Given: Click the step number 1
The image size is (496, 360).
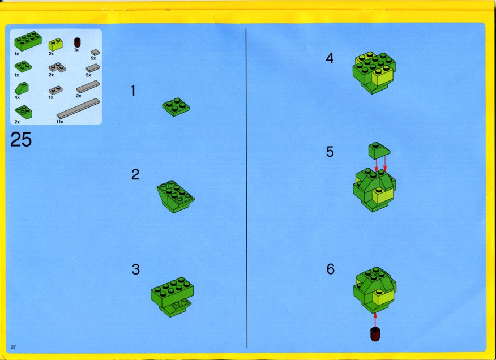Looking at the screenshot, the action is point(133,91).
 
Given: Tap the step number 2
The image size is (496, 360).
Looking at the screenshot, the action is point(135,174).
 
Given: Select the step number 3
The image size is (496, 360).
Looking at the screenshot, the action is point(136,269).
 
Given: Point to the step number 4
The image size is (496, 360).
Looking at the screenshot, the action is point(330,58).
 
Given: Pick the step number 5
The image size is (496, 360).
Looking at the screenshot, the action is point(330,152).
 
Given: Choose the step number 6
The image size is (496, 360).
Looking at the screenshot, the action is point(330,269).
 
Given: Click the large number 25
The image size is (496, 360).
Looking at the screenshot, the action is point(21,139).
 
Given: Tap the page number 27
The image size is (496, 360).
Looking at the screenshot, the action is point(13,347).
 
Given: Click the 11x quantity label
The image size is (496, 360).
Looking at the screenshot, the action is point(60,122).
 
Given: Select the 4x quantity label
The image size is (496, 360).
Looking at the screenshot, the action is point(17,97).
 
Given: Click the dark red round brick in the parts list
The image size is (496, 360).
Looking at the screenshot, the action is point(77,42).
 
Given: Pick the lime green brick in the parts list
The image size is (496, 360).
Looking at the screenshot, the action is point(55,45).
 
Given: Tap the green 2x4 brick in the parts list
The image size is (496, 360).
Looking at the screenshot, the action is point(28,41).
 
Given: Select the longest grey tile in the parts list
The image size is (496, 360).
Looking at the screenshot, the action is point(78,108).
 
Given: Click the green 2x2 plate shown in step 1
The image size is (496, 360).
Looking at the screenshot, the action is point(176,107).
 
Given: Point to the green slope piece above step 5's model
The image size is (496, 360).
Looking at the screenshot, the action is point(379,151).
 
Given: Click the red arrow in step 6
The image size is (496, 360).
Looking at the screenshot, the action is point(375,319).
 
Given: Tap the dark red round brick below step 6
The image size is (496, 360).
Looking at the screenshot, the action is point(375,335).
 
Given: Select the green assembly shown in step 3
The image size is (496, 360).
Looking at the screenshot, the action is point(172,297).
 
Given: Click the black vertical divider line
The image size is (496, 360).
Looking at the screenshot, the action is point(246,188).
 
